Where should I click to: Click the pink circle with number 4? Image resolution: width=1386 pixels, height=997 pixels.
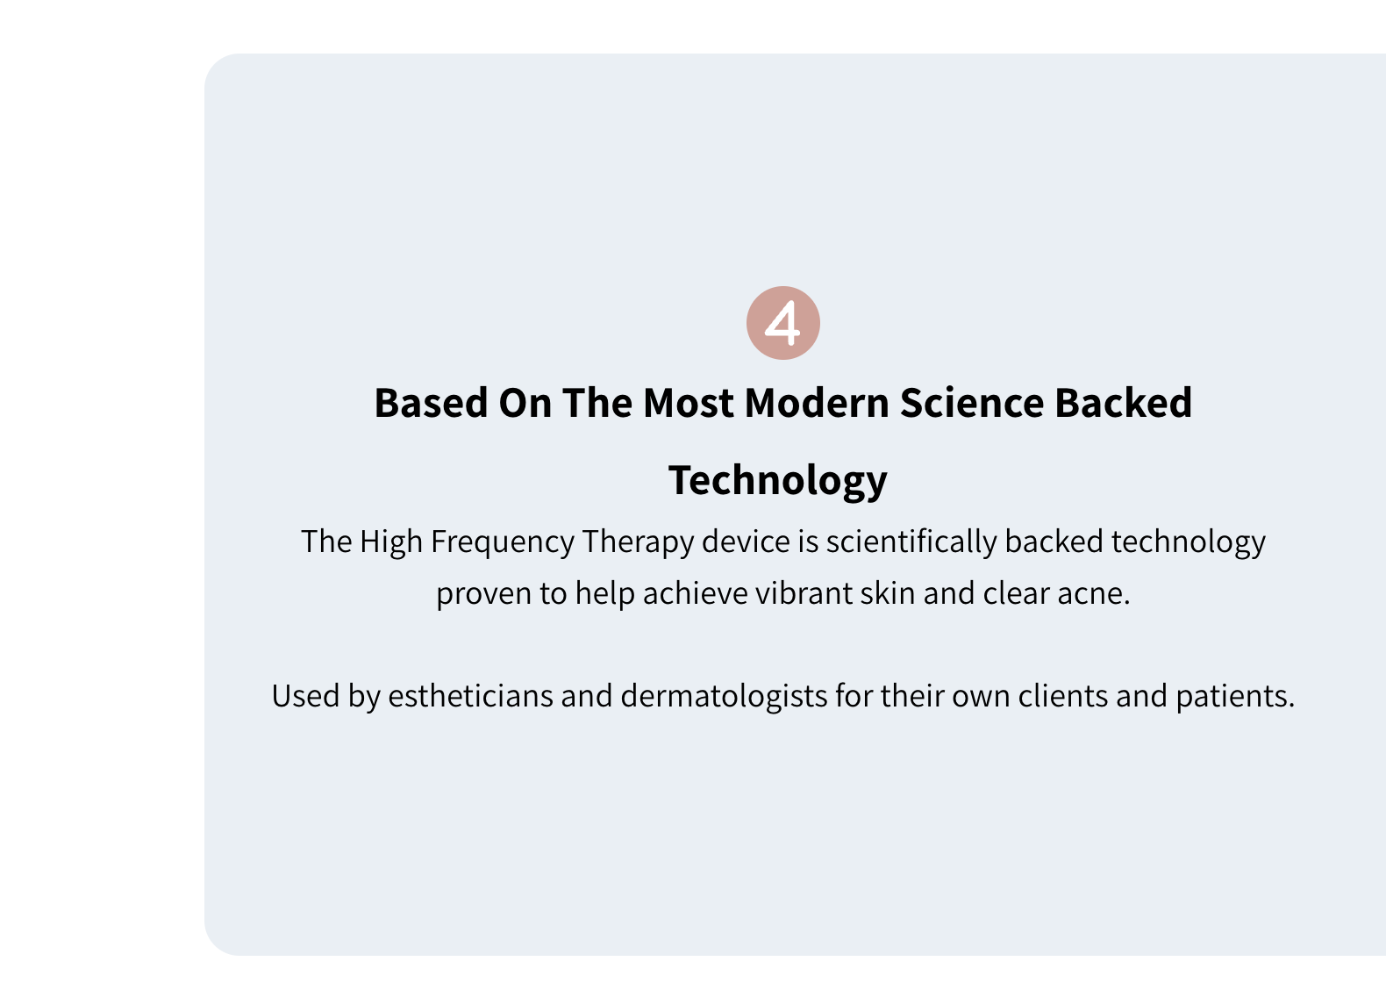(782, 322)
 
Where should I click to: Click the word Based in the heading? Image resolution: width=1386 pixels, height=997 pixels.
(432, 403)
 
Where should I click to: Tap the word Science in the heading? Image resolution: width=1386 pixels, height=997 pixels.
(972, 403)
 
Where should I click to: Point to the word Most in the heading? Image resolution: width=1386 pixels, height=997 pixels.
(688, 403)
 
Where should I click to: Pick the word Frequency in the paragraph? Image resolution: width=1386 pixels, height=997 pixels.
(503, 543)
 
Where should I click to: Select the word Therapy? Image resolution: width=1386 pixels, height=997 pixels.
(638, 543)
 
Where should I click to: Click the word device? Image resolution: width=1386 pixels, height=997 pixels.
(746, 542)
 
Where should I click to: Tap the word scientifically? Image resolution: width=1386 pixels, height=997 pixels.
(911, 543)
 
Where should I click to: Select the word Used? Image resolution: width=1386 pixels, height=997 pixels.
(305, 696)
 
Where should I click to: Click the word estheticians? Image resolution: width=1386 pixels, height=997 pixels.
(470, 696)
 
